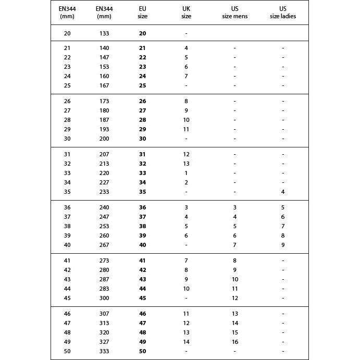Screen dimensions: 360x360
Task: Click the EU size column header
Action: coord(143,13)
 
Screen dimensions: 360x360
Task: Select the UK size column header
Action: coord(186,13)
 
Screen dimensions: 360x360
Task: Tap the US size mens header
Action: coord(234,13)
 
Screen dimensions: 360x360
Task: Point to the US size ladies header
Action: coord(283,13)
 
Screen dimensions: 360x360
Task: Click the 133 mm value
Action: coord(104,33)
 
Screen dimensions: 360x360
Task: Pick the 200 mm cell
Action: coord(104,139)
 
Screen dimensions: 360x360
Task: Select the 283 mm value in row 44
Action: coord(104,289)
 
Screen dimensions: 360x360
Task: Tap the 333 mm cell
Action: coord(104,351)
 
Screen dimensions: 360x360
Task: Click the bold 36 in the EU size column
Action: coord(143,207)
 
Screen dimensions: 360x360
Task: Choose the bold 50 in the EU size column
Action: coord(143,351)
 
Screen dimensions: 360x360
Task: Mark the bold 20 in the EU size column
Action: coord(143,33)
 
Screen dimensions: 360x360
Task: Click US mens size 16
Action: coord(234,342)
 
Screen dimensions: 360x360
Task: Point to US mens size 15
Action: coord(234,332)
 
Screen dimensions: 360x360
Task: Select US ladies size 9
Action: coord(283,245)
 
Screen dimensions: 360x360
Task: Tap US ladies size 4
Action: coord(283,192)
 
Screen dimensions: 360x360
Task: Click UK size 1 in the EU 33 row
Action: coord(186,173)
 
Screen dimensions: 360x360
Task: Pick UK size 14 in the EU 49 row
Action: coord(186,342)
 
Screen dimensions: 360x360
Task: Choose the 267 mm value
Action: coord(104,245)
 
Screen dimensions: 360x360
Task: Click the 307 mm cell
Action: coord(104,314)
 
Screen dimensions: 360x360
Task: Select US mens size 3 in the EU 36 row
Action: coord(234,207)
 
